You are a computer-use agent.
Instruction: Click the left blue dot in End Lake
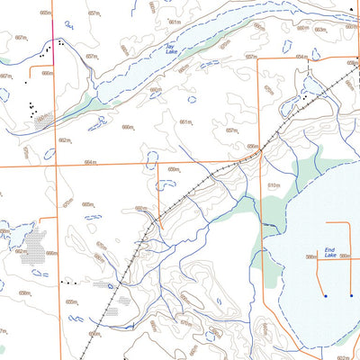pyautogui.click(x=325, y=295)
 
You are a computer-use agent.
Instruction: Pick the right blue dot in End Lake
pyautogui.click(x=351, y=295)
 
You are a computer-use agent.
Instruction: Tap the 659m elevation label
pyautogui.click(x=173, y=169)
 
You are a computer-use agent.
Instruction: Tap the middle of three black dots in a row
pyautogui.click(x=68, y=283)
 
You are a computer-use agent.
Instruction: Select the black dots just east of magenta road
pyautogui.click(x=60, y=41)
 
